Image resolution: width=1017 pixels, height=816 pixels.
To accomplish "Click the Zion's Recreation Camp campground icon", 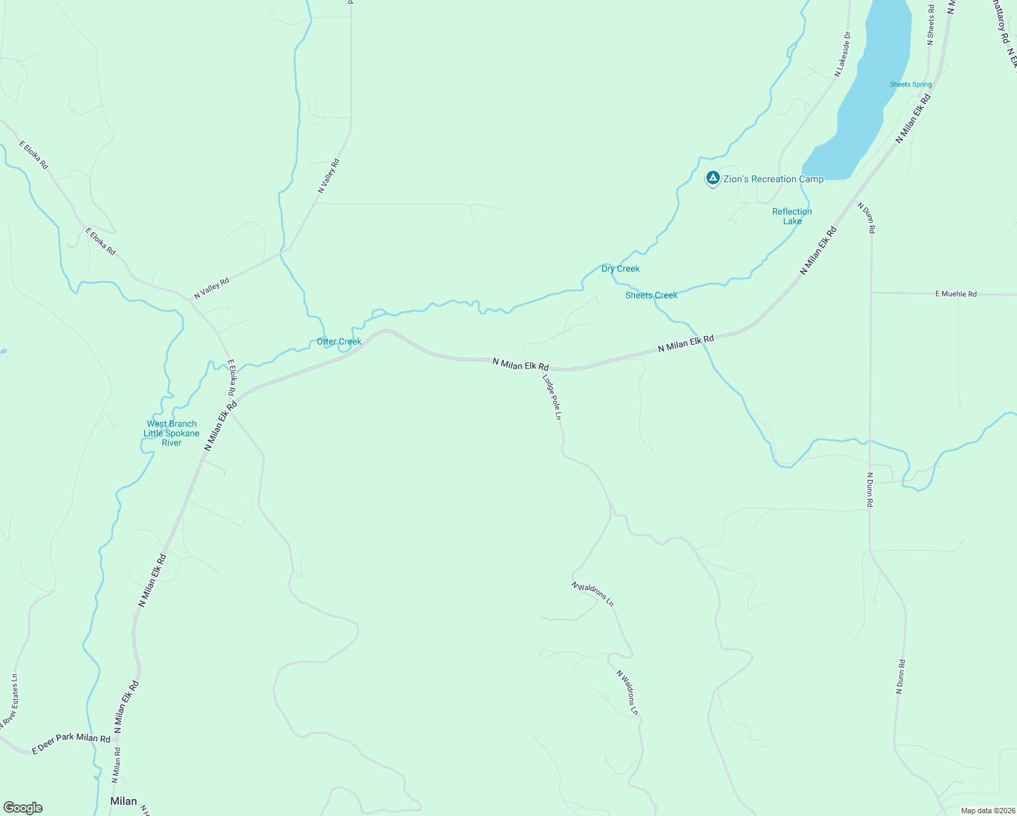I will (x=712, y=178).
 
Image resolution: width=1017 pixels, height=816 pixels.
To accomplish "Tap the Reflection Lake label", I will (x=792, y=216).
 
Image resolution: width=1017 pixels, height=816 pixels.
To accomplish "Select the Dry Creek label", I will (x=620, y=269).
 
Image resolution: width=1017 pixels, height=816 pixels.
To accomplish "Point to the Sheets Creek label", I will (x=651, y=295).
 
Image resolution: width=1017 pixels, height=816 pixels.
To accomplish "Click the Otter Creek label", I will (x=339, y=341).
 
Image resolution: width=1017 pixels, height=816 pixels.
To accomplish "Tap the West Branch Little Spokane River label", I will (x=171, y=433).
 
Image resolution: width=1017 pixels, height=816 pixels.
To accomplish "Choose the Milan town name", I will (x=123, y=801).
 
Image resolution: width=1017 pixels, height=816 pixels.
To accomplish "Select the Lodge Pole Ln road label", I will (x=552, y=396).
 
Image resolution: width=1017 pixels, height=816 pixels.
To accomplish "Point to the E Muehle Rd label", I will (x=956, y=294).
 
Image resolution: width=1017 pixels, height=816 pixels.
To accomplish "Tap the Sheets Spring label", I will (x=910, y=84).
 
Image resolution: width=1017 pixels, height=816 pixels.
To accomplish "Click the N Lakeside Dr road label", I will (x=842, y=53).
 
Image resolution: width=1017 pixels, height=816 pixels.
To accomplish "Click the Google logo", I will (x=22, y=808).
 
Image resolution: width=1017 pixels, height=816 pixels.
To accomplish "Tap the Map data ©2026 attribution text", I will (x=988, y=811).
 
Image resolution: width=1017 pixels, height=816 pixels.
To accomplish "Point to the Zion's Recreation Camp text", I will (x=773, y=179).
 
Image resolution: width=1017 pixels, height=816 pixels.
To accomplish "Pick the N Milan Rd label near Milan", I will (x=116, y=766).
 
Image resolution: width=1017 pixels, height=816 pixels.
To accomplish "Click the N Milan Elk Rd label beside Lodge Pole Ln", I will (x=520, y=365).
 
